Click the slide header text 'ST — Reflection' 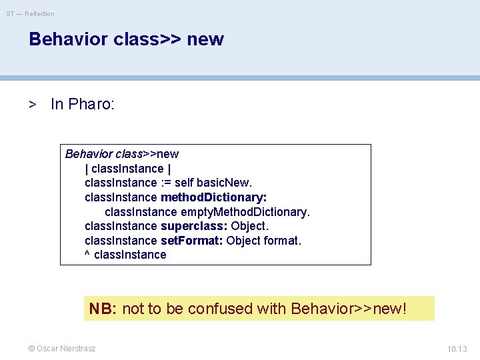click(31, 13)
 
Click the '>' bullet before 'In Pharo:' click(31, 104)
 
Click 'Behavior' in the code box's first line click(87, 154)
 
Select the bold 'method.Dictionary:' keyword click(214, 197)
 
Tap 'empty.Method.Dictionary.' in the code click(245, 212)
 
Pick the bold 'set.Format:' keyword click(192, 241)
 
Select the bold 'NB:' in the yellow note click(103, 309)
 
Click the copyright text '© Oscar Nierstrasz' click(61, 348)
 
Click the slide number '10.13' click(457, 348)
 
